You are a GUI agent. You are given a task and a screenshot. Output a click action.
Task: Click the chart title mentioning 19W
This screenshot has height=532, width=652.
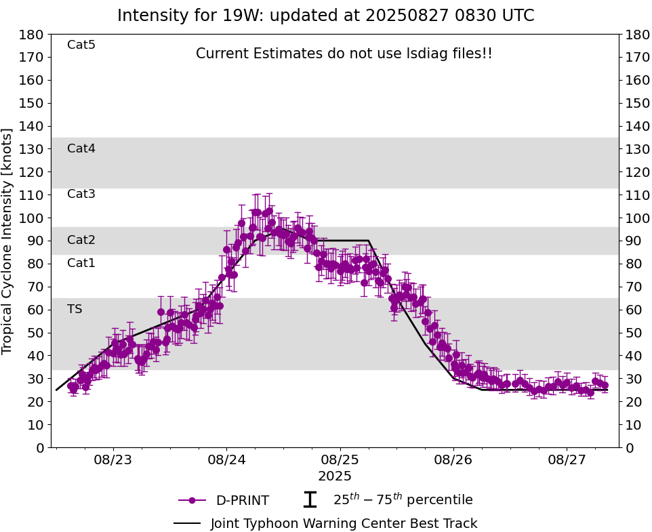(325, 16)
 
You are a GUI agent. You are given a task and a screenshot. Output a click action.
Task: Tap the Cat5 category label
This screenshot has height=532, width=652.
(81, 45)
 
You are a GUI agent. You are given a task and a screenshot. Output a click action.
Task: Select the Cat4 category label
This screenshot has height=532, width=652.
(81, 148)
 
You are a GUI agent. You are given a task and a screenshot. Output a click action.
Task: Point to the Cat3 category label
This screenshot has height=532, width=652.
(81, 194)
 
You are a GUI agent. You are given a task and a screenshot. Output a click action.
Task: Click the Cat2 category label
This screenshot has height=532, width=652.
(81, 240)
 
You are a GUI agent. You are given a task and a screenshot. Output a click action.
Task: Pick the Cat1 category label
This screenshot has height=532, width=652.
(81, 263)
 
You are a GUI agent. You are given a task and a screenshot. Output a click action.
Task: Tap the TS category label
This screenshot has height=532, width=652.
(75, 309)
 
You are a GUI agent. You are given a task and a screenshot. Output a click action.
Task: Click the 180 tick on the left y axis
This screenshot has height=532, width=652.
(33, 35)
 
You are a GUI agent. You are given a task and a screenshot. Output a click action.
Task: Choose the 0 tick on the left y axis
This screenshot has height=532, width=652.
(41, 448)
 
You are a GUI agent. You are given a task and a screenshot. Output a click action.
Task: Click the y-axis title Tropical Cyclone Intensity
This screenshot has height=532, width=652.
(8, 241)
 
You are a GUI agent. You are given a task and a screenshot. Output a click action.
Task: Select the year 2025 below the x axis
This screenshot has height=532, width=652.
(335, 476)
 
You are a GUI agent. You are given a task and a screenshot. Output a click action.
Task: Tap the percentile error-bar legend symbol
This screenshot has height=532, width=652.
(310, 500)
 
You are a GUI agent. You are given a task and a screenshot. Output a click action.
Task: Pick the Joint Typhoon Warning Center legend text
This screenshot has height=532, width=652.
(344, 524)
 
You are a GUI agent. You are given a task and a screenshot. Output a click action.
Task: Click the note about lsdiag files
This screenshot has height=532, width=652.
(344, 54)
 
